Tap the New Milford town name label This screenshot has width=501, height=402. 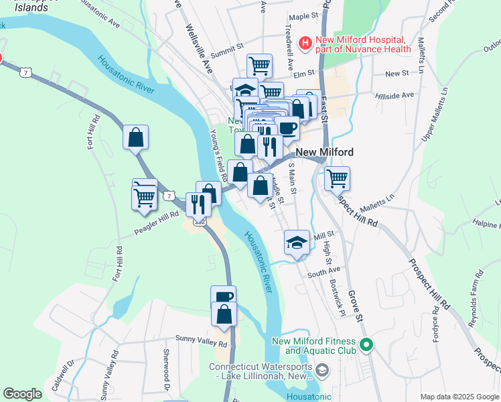click(x=324, y=152)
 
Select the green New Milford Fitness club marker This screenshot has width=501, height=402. click(x=366, y=346)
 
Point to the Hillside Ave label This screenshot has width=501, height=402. click(x=395, y=96)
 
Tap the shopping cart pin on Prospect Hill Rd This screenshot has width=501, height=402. click(x=337, y=178)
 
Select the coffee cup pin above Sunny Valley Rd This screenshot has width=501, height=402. click(x=223, y=297)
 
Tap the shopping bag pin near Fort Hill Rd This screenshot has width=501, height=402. click(x=135, y=137)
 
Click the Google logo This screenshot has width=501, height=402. click(x=22, y=394)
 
